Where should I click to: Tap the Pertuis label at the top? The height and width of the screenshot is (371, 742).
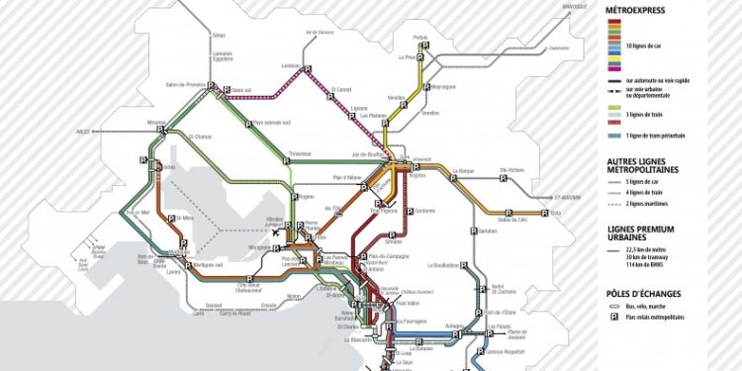(420, 39)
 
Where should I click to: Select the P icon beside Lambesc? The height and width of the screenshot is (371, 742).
(308, 68)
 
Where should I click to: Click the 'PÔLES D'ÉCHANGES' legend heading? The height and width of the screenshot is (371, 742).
(642, 293)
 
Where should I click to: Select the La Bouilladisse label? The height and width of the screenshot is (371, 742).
(446, 265)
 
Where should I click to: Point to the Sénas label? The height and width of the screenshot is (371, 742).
(218, 35)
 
